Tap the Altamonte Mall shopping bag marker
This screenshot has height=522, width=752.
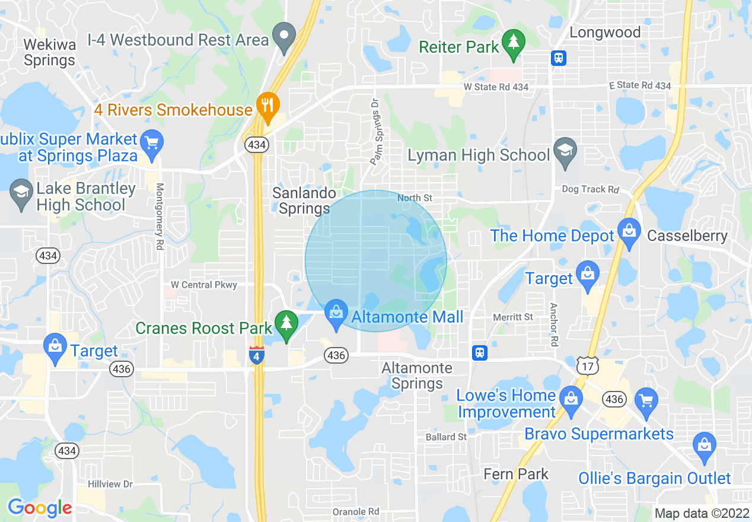click(336, 314)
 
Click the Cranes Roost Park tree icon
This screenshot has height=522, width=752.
click(287, 325)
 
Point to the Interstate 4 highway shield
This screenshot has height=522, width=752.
click(256, 355)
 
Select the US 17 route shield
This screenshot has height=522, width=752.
click(587, 366)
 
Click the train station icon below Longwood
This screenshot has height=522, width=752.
click(559, 58)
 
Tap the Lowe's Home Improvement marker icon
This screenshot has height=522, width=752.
click(571, 400)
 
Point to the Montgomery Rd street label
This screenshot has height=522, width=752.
click(159, 216)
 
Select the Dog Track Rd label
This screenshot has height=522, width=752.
click(590, 189)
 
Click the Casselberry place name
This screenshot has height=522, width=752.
click(687, 235)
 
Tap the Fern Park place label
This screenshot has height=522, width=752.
click(516, 474)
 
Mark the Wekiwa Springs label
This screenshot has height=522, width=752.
click(50, 52)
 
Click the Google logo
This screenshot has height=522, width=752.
click(40, 508)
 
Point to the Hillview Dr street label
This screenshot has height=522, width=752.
click(110, 484)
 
